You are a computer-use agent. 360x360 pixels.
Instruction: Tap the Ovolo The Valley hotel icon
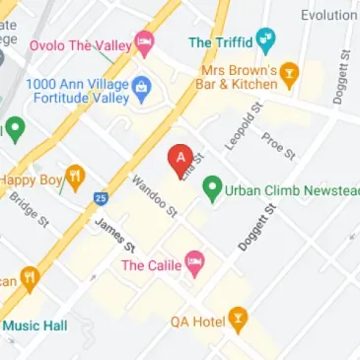(145, 41)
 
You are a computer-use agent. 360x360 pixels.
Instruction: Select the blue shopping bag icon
(141, 89)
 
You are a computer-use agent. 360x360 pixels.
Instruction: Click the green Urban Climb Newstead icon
(211, 191)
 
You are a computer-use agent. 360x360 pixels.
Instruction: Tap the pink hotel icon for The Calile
(195, 263)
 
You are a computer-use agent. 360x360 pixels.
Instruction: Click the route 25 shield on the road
(102, 199)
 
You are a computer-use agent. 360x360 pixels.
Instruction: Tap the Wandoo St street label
(154, 196)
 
